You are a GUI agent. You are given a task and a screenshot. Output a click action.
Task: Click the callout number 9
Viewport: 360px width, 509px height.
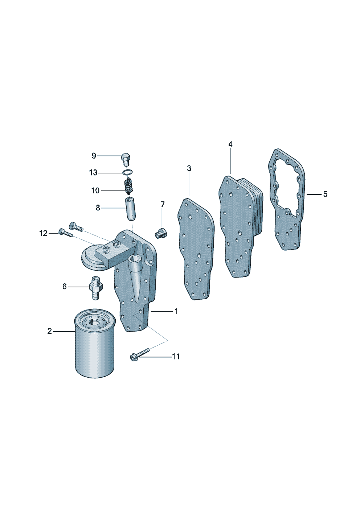coord(94,156)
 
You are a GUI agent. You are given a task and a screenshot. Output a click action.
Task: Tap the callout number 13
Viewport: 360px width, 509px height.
coord(93,173)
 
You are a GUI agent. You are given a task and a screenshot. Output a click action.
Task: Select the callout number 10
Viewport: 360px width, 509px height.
coord(95,190)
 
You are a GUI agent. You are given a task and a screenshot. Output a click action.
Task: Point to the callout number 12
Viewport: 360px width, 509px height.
coord(43,233)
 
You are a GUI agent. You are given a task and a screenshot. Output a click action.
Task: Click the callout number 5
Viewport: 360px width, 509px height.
coord(325,194)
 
